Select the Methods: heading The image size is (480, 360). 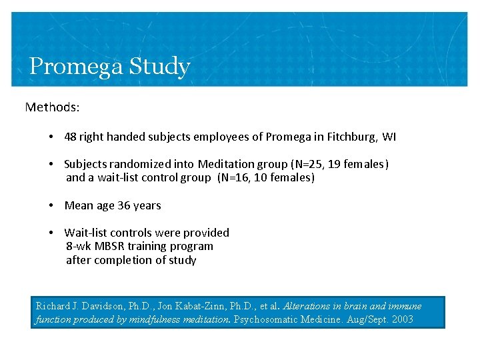(x=52, y=107)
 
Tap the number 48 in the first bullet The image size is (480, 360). (x=71, y=137)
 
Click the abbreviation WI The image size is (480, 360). (x=389, y=137)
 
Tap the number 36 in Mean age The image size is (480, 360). (x=124, y=205)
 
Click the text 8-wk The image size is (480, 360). (x=79, y=246)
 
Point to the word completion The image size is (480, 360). (x=121, y=260)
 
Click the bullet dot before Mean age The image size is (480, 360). (x=51, y=205)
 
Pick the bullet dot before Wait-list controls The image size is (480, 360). (x=51, y=233)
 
